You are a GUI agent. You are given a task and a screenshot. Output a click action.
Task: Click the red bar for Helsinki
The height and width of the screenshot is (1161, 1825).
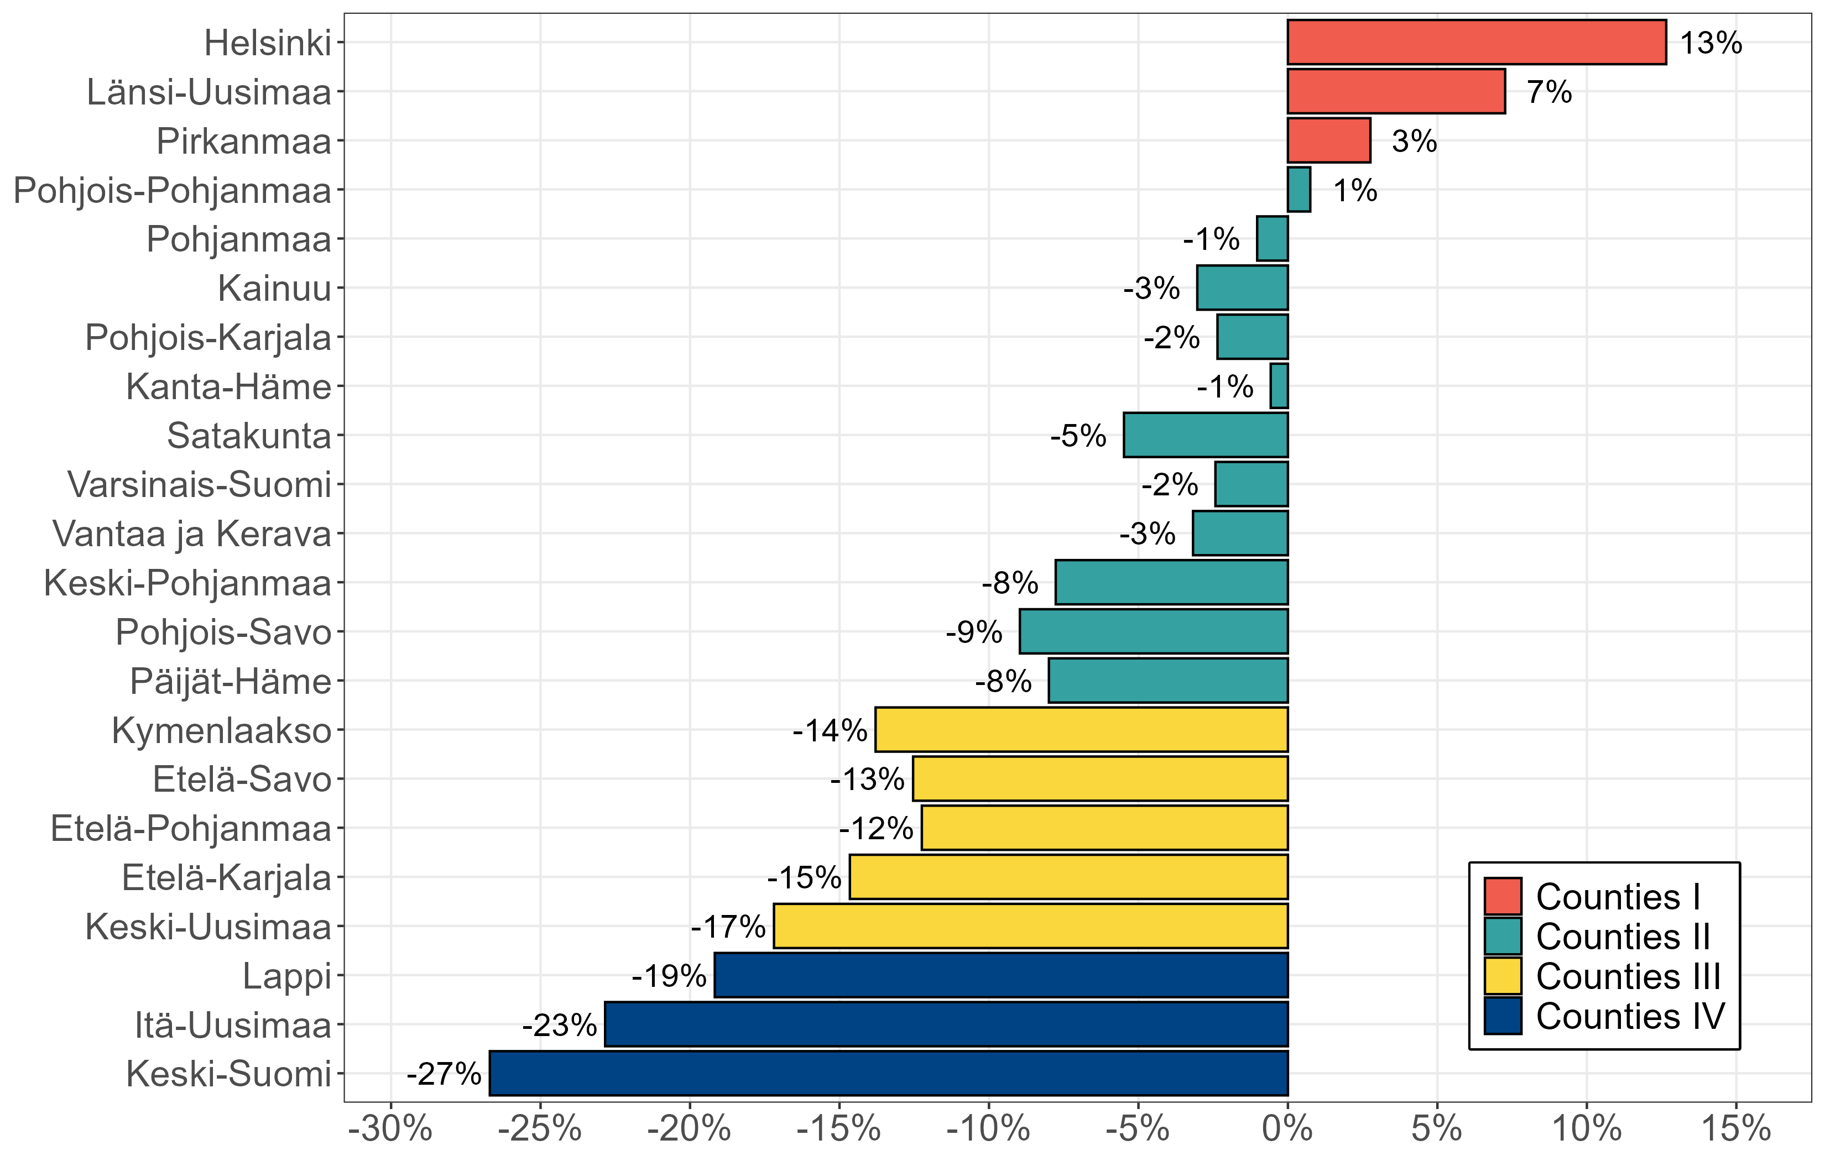(x=1477, y=43)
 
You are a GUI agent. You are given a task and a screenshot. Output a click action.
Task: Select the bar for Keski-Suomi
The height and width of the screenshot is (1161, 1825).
(x=888, y=1073)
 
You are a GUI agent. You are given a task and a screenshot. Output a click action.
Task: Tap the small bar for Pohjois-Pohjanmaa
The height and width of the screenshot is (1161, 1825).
(x=1299, y=190)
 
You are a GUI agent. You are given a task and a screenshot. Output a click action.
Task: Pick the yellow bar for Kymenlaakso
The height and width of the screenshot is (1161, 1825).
(x=1082, y=730)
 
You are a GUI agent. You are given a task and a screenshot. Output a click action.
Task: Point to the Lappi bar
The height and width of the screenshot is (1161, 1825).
(x=1001, y=975)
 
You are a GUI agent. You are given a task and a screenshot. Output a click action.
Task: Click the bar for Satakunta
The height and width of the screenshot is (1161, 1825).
(x=1206, y=435)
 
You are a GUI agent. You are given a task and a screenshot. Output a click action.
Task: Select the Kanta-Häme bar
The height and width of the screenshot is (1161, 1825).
(x=1279, y=386)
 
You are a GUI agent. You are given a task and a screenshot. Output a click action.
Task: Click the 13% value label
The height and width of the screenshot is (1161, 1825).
(x=1711, y=43)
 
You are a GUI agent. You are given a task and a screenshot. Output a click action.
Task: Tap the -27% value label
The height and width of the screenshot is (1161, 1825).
(x=444, y=1074)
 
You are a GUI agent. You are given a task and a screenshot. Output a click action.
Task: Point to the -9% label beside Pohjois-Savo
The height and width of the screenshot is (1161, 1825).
(x=974, y=632)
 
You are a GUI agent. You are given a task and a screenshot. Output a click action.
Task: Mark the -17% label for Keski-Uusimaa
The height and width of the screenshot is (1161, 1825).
(x=728, y=927)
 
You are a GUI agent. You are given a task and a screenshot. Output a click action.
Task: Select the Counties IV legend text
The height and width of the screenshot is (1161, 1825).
(x=1629, y=1016)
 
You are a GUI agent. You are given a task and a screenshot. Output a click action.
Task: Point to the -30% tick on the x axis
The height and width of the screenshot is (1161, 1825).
(x=390, y=1129)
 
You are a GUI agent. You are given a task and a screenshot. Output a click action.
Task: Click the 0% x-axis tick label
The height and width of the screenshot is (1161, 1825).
(x=1287, y=1129)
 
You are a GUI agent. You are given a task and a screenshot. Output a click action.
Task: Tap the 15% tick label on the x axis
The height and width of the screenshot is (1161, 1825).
(x=1735, y=1129)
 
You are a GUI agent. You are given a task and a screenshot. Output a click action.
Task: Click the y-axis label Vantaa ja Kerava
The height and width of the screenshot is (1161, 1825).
(x=192, y=534)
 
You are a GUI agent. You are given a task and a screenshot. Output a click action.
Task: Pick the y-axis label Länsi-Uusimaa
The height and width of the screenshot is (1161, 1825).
(x=209, y=92)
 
